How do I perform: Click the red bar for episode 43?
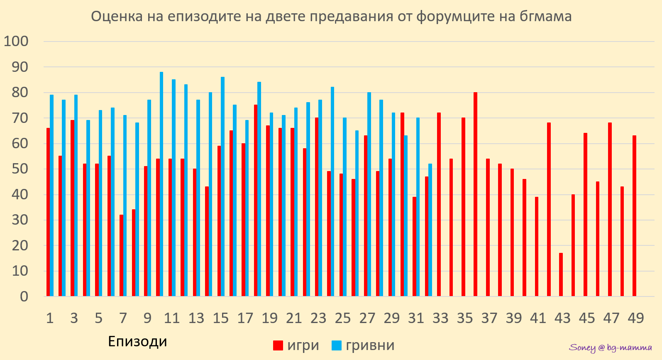pos(561,274)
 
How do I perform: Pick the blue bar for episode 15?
pos(222,186)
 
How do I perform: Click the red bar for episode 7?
pos(121,255)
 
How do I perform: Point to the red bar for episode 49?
pos(634,216)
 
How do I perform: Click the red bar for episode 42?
pos(549,209)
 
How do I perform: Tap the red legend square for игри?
pos(278,345)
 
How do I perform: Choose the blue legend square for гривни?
pos(337,345)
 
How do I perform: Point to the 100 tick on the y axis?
pos(16,41)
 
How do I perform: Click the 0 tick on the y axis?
pos(24,296)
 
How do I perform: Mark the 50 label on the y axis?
pos(20,169)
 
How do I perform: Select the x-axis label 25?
pos(343,318)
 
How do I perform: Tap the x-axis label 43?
pos(562,318)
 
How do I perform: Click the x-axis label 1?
pos(50,318)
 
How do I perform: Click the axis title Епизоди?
pos(137,341)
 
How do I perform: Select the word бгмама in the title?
pos(545,17)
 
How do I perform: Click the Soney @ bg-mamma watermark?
pos(610,348)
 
